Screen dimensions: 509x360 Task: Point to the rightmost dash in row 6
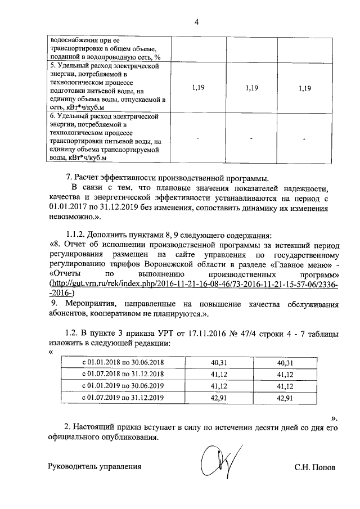click(304, 138)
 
